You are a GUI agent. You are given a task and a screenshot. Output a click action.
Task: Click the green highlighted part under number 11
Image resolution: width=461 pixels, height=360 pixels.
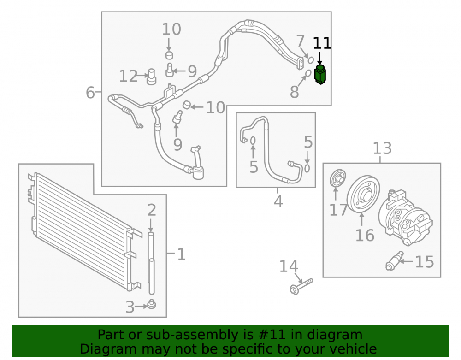click(320, 74)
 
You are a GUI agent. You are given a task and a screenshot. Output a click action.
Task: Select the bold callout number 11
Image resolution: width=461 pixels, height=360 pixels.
click(322, 43)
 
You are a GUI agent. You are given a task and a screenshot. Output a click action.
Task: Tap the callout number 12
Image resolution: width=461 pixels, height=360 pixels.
click(128, 76)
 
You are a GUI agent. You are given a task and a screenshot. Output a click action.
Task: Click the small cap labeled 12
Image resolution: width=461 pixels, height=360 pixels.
click(151, 77)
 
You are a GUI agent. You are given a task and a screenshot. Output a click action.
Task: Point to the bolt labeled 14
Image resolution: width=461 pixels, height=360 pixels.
click(301, 286)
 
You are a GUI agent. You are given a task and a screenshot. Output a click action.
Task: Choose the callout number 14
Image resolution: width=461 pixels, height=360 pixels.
click(289, 266)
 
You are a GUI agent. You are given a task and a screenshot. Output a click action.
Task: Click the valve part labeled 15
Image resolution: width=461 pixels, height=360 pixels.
click(395, 261)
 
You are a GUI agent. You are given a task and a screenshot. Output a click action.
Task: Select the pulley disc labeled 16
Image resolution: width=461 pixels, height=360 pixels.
click(363, 194)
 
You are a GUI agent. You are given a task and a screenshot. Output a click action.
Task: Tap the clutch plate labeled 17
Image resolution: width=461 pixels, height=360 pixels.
click(337, 178)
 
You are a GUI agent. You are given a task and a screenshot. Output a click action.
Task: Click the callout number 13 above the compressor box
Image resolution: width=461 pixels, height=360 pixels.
click(382, 148)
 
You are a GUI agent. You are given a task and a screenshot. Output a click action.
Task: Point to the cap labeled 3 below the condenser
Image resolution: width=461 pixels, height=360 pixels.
click(151, 304)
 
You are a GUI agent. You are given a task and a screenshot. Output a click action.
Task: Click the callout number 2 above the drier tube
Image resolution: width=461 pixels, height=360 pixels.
click(151, 210)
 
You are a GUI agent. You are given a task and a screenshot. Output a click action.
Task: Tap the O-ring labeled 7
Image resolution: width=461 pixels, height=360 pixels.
click(310, 60)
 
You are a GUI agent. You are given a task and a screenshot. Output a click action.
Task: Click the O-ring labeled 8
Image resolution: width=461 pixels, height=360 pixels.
click(308, 73)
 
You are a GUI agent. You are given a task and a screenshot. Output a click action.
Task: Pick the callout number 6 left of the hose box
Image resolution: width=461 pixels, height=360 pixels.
click(90, 92)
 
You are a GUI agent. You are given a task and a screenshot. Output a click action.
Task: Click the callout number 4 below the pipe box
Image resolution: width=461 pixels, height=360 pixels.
click(278, 201)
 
